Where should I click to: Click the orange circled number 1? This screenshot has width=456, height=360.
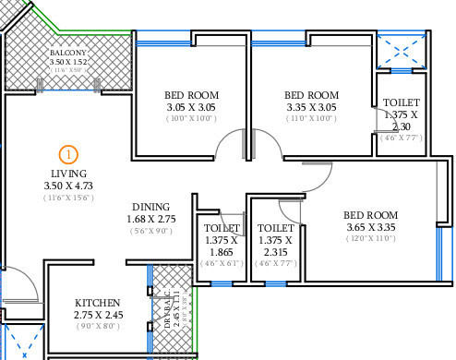pyautogui.click(x=67, y=155)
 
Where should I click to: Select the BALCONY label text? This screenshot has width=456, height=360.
pyautogui.click(x=67, y=54)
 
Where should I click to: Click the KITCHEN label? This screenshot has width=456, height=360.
pyautogui.click(x=98, y=303)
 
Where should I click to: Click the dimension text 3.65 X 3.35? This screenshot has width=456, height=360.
pyautogui.click(x=369, y=225)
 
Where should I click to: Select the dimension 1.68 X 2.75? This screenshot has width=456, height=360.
pyautogui.click(x=150, y=219)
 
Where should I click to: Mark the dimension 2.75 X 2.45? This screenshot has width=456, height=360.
pyautogui.click(x=98, y=315)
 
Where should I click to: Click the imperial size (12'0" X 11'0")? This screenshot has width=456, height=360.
pyautogui.click(x=369, y=238)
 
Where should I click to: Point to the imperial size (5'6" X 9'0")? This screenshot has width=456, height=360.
pyautogui.click(x=150, y=231)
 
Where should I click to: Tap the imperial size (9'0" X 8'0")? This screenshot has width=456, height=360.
pyautogui.click(x=97, y=326)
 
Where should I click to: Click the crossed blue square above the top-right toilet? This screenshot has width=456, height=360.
pyautogui.click(x=402, y=49)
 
